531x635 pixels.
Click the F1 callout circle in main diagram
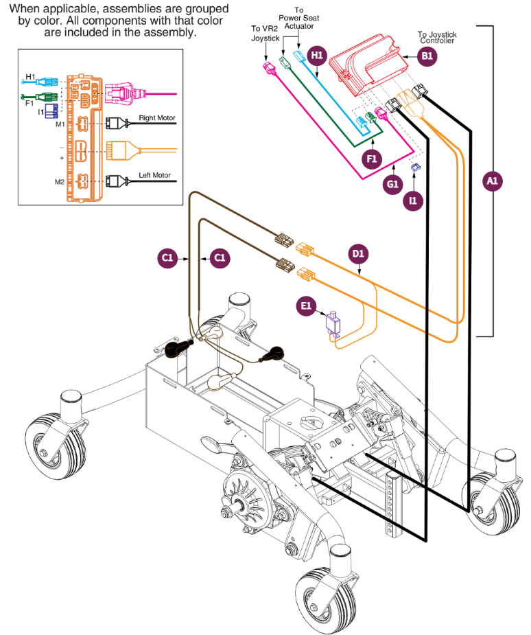(373, 159)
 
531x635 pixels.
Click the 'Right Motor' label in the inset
(157, 118)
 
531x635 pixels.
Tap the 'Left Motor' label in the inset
(154, 176)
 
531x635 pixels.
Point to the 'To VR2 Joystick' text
(265, 34)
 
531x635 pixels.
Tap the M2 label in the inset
(60, 182)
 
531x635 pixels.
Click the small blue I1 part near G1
(414, 167)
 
